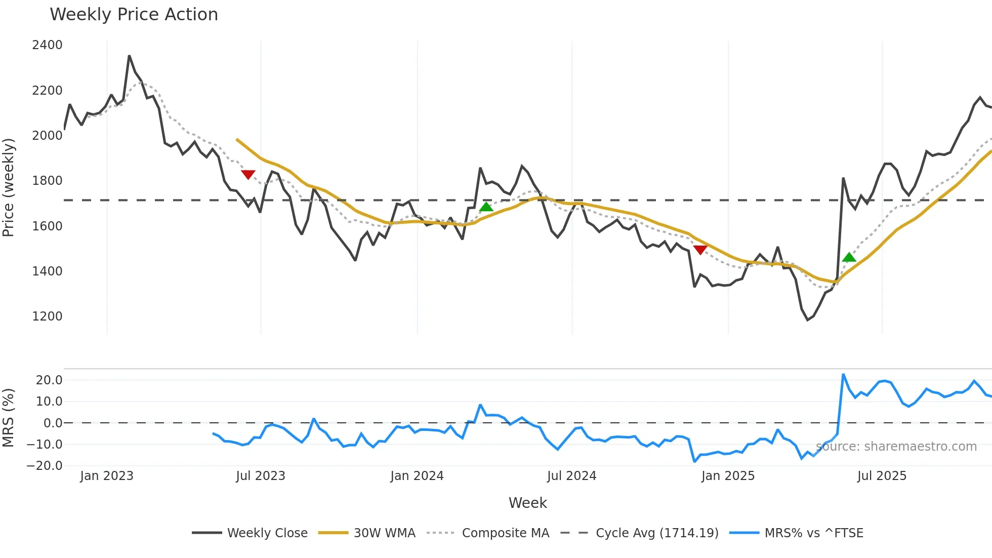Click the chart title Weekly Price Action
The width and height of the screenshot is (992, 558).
(134, 15)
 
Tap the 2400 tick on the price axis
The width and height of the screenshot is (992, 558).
(47, 45)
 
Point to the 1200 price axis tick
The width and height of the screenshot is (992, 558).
(47, 316)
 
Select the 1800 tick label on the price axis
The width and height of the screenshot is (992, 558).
(47, 181)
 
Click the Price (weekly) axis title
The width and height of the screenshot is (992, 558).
(9, 187)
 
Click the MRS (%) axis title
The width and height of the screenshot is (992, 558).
(9, 418)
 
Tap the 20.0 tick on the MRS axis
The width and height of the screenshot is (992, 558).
(49, 380)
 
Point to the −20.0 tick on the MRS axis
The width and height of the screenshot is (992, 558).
(45, 466)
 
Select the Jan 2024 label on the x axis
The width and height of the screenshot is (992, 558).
(417, 476)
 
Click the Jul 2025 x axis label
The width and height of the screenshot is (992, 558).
(882, 476)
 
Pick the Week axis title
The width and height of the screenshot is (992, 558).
(527, 503)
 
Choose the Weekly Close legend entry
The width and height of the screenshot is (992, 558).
(267, 533)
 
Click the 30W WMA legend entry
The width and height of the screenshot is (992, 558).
(384, 533)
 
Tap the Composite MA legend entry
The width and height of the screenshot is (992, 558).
(505, 533)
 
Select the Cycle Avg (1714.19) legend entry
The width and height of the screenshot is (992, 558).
(657, 533)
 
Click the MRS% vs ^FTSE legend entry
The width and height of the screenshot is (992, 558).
(813, 533)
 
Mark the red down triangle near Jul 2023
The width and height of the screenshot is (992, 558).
(248, 175)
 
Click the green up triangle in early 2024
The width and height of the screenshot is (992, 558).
(486, 207)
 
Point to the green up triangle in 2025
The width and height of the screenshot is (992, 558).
(849, 257)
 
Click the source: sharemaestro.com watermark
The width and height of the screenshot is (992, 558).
(896, 447)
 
